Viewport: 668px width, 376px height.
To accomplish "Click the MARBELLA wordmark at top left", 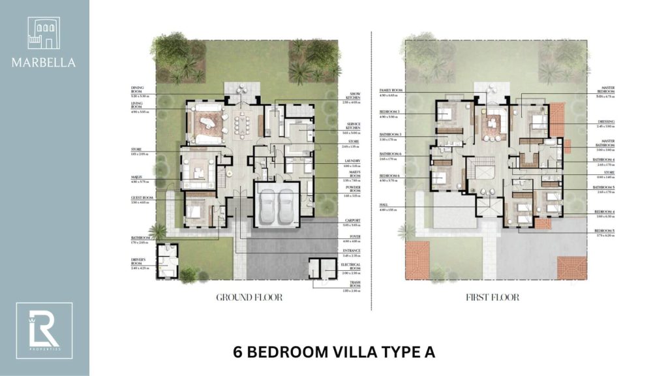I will (44, 63).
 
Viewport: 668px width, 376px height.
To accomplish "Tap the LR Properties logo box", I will (44, 330).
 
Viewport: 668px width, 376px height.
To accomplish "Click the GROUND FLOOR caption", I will (249, 298).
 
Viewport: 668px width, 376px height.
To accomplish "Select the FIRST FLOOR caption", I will (493, 298).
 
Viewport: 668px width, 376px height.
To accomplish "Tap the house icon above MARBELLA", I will (44, 33).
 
